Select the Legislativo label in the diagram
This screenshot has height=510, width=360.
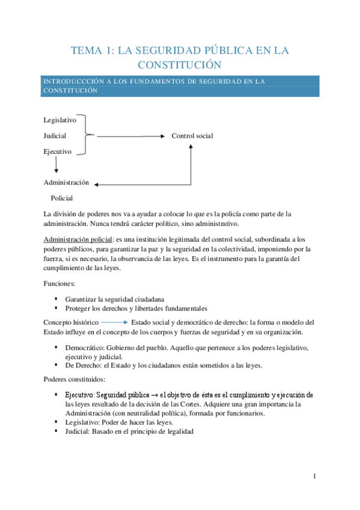coord(60,120)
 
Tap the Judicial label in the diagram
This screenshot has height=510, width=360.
coord(55,136)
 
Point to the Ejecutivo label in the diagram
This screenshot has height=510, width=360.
coord(58,152)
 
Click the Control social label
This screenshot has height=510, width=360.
coord(192,136)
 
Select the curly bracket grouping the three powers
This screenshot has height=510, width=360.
coord(88,136)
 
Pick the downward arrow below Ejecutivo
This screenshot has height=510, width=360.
coord(56,165)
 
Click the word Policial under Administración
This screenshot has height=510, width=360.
coord(62,198)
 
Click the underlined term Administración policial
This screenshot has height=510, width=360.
coord(78,239)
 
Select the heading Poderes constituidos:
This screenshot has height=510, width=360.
coord(75,380)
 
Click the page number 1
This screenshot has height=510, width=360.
coord(314,477)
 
